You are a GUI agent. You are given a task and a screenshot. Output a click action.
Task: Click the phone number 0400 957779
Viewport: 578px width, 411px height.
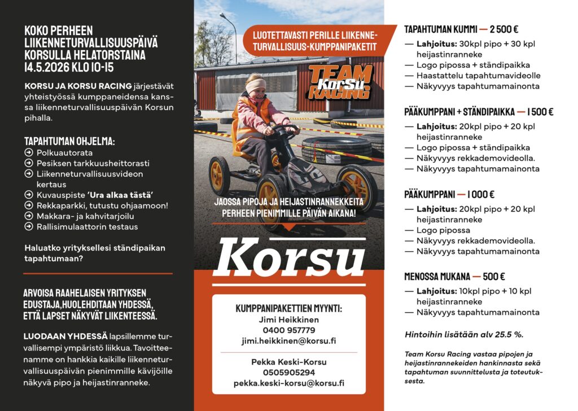point(288,330)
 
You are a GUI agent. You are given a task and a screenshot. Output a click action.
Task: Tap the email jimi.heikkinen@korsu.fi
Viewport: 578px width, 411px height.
point(288,341)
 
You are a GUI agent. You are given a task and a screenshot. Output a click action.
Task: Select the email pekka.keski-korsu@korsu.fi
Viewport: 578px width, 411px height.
point(288,383)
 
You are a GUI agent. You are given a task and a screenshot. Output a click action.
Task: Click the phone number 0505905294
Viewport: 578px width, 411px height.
point(288,373)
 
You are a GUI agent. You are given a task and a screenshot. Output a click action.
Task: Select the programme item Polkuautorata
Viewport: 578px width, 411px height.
point(64,152)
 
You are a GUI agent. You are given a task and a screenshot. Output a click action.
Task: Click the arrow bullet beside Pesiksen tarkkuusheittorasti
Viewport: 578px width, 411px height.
point(29,163)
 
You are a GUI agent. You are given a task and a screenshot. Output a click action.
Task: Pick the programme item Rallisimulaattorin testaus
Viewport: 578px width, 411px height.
point(87,226)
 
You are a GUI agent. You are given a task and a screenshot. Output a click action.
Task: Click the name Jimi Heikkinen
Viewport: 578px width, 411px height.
point(288,320)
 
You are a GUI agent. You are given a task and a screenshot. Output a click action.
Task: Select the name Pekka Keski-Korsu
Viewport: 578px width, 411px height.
point(288,362)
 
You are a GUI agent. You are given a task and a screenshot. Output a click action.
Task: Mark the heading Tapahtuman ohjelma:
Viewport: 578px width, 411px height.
point(69,141)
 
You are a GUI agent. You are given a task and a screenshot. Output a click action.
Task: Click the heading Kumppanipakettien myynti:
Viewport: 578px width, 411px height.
point(288,308)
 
